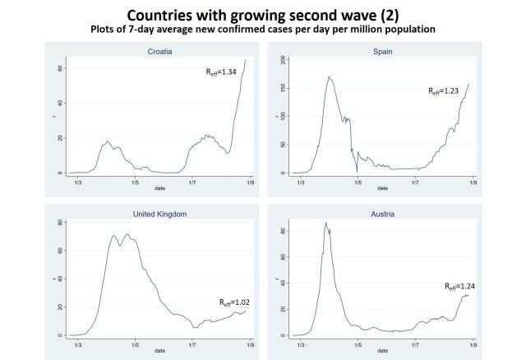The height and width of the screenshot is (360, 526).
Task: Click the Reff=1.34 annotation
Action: click(222, 72)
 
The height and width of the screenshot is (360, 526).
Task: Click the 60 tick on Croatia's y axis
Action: click(60, 68)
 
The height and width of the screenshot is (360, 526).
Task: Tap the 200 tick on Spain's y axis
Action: click(282, 60)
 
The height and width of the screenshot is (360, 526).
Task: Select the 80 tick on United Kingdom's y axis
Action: click(60, 223)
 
